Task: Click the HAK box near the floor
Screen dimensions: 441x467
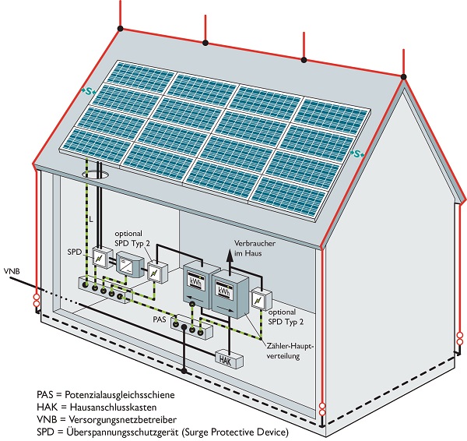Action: click(x=226, y=359)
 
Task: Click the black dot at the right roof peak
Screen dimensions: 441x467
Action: click(x=403, y=76)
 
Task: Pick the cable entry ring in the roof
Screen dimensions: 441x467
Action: click(x=93, y=170)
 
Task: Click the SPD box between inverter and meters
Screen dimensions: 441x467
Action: click(x=156, y=272)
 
